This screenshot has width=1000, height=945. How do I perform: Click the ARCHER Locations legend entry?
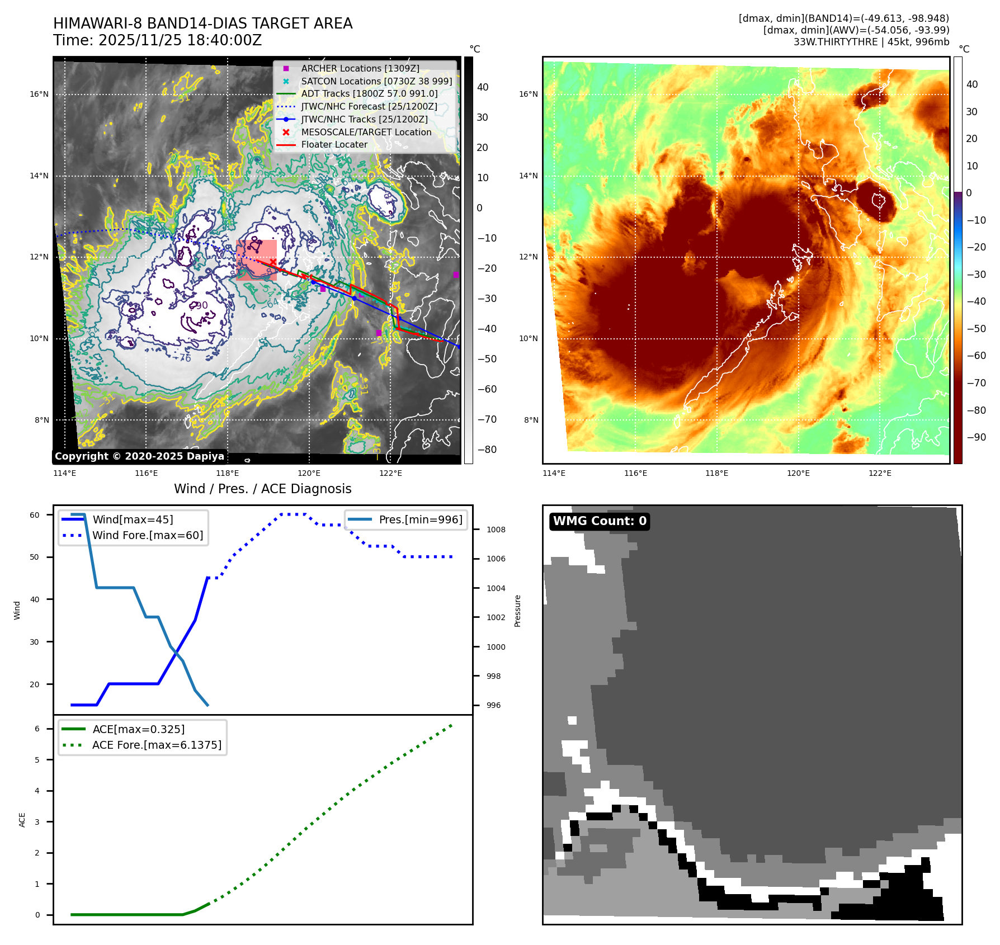pos(360,68)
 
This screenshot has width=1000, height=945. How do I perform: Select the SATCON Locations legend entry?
pos(376,81)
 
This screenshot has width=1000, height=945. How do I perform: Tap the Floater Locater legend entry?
pos(334,144)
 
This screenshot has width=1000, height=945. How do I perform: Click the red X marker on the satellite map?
pos(273,262)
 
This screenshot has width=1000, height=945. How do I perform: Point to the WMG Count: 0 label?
pos(600,521)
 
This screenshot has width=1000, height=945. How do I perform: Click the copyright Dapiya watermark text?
pos(139,456)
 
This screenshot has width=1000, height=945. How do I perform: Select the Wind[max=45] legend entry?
pos(133,519)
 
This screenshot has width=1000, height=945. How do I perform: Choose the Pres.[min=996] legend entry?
pos(420,519)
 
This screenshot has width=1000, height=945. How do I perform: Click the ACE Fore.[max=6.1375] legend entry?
pos(157,745)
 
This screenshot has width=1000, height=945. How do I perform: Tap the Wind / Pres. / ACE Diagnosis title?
pos(262,489)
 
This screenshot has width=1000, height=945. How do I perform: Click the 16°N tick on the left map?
pos(39,94)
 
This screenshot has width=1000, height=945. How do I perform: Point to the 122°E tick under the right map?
pos(880,473)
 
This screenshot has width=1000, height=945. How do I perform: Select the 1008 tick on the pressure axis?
pos(496,530)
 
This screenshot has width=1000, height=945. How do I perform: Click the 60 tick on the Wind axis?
pos(35,515)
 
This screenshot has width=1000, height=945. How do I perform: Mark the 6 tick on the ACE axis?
pos(37,729)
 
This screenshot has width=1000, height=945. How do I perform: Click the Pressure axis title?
pos(517,611)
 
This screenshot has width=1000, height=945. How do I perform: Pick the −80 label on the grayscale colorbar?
pos(487,450)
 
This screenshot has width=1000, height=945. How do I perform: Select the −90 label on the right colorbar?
pos(976,437)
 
